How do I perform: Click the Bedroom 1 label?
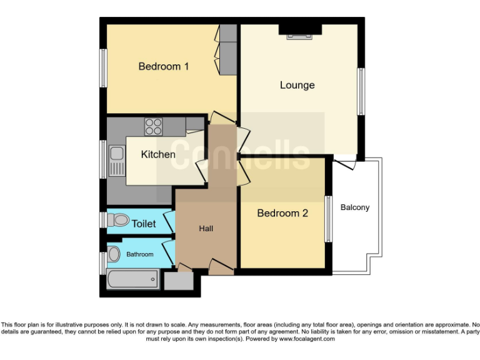click(163, 66)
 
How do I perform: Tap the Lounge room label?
click(297, 85)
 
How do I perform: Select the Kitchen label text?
click(157, 154)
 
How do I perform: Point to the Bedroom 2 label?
click(282, 213)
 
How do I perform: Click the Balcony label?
click(355, 207)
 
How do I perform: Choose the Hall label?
click(206, 228)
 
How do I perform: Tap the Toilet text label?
click(143, 223)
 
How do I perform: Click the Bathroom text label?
click(139, 254)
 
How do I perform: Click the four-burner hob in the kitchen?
click(154, 127)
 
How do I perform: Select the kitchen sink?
click(116, 160)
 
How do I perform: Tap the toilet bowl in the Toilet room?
click(117, 220)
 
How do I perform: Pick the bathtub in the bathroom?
click(132, 279)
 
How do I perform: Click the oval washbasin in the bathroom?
click(114, 254)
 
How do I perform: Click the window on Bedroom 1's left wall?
click(103, 67)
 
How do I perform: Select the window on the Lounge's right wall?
click(361, 91)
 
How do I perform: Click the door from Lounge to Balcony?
click(345, 164)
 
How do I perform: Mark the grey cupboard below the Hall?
click(178, 281)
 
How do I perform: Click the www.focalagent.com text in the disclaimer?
click(306, 339)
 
